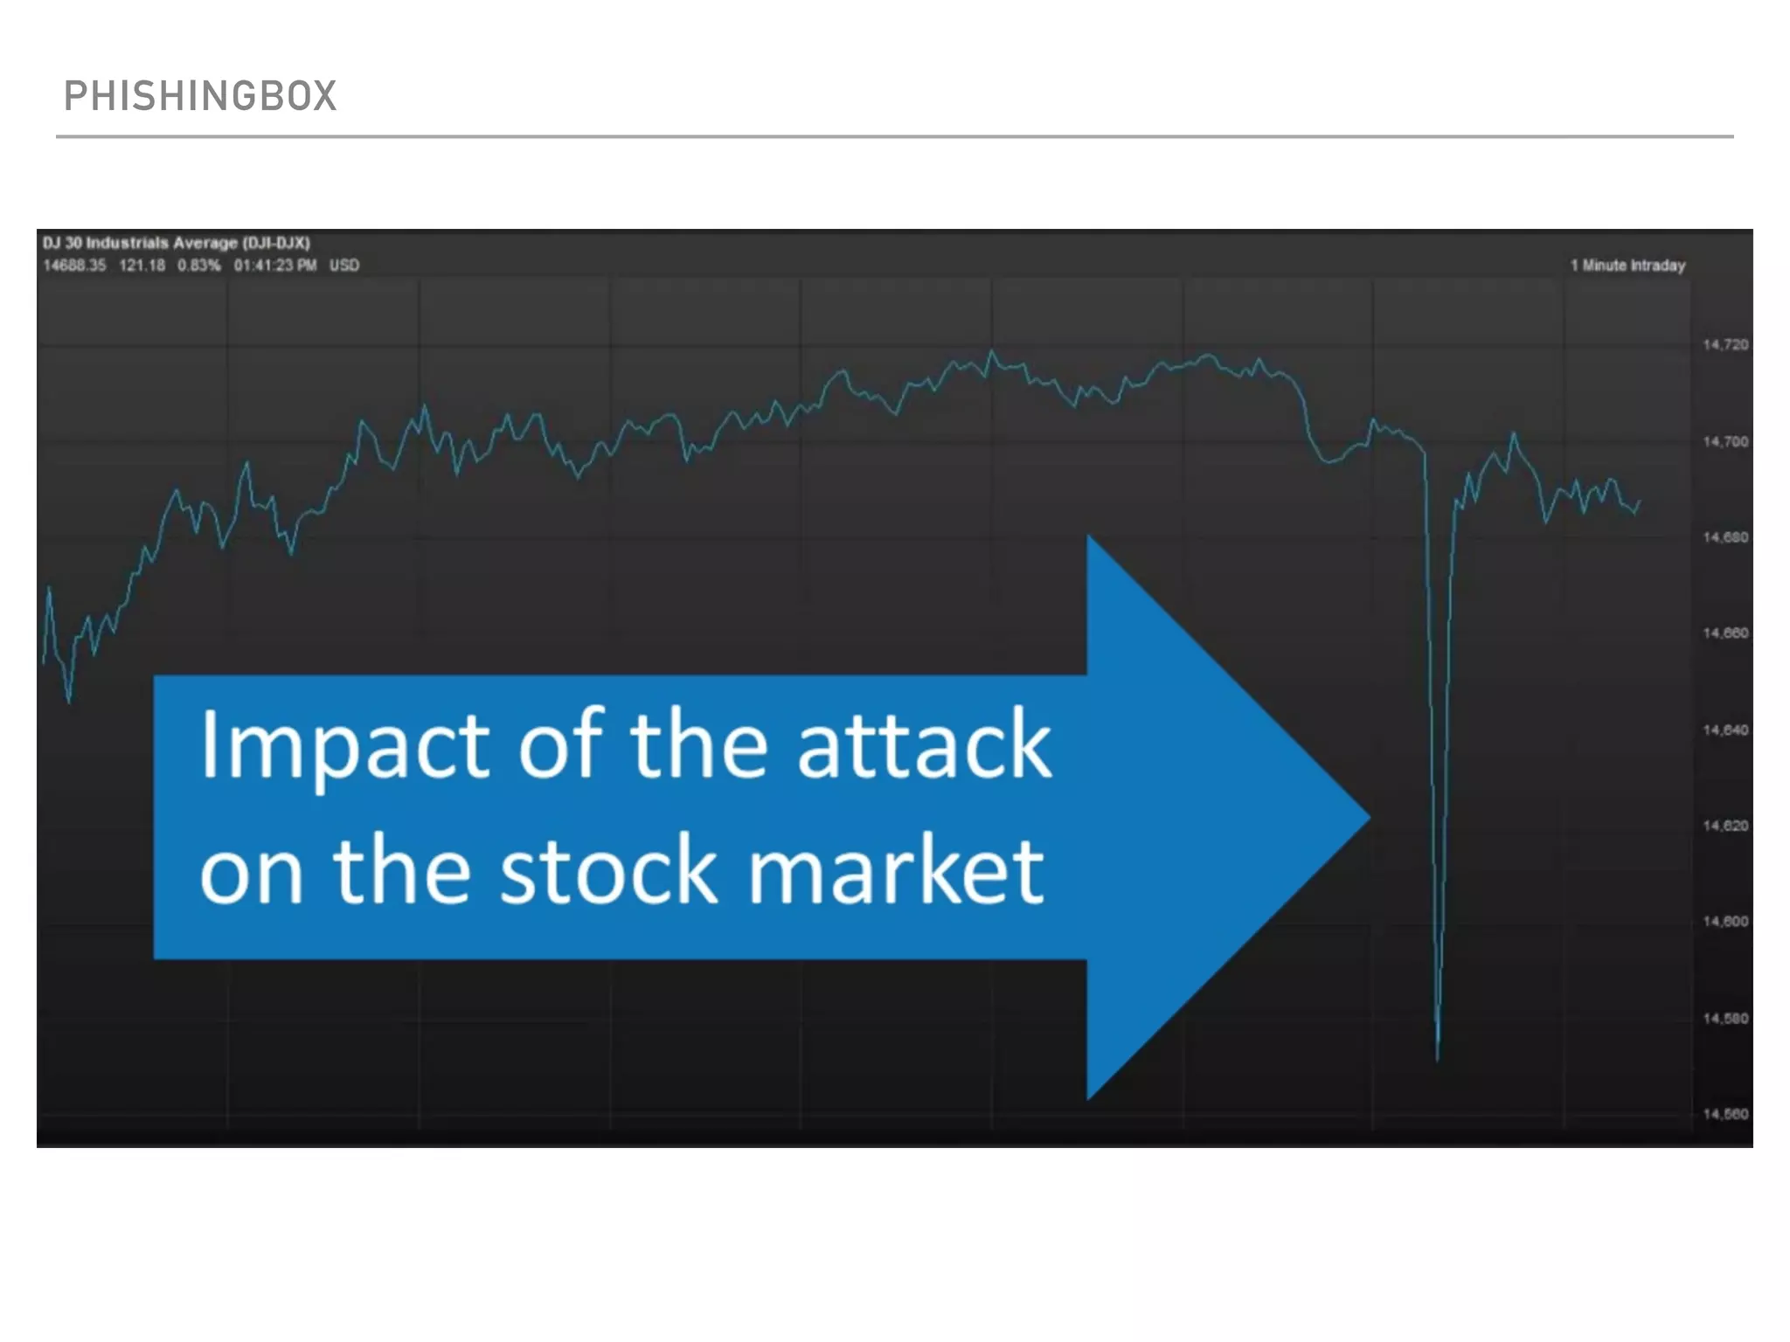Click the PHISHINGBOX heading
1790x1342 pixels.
pos(200,96)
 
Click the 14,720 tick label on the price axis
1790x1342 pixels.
pos(1724,345)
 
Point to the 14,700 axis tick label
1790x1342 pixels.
pos(1724,442)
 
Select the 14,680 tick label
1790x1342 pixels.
pos(1724,537)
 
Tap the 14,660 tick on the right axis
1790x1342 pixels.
pos(1724,633)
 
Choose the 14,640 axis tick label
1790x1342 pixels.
pos(1724,730)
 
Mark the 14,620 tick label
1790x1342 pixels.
pos(1724,826)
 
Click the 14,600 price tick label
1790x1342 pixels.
pos(1724,922)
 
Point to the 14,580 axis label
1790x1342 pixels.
pos(1724,1019)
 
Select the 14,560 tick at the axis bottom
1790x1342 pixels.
pos(1724,1114)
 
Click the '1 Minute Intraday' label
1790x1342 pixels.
pos(1627,266)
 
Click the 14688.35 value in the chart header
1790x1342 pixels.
pos(74,266)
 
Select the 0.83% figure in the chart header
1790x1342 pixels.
pos(199,266)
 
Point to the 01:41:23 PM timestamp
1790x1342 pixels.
pos(274,266)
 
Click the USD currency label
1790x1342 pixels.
pos(344,266)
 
